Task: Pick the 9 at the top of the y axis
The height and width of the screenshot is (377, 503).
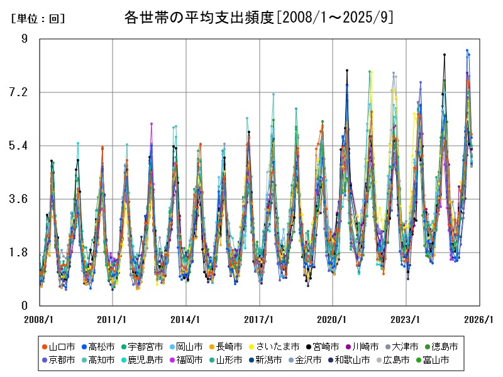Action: [25, 39]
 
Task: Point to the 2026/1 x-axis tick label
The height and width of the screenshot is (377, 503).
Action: [479, 319]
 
